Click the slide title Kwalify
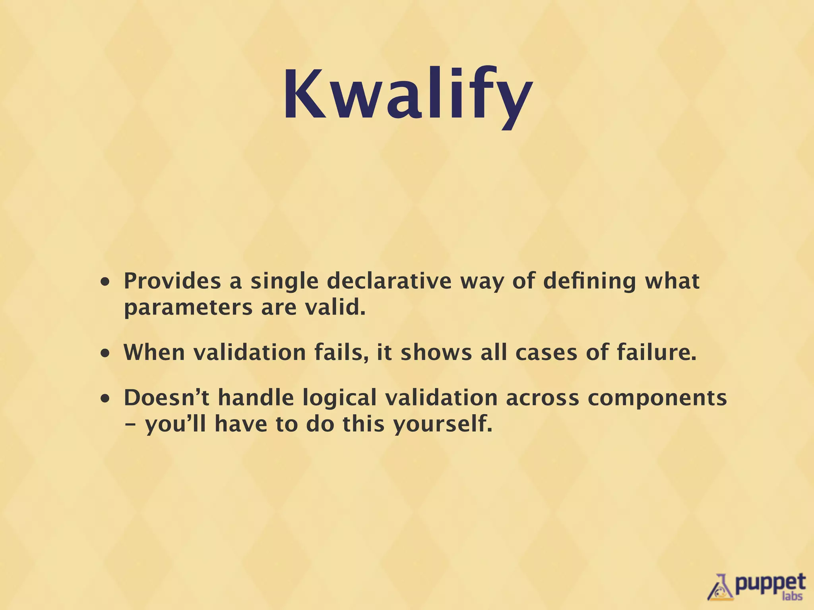click(x=407, y=95)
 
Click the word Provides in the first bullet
click(x=172, y=281)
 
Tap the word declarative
click(x=389, y=281)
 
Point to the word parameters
click(x=188, y=308)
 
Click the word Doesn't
click(x=166, y=398)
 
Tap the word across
click(x=543, y=398)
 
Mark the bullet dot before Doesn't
click(x=105, y=399)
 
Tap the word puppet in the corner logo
click(x=769, y=583)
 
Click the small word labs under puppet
click(x=792, y=596)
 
